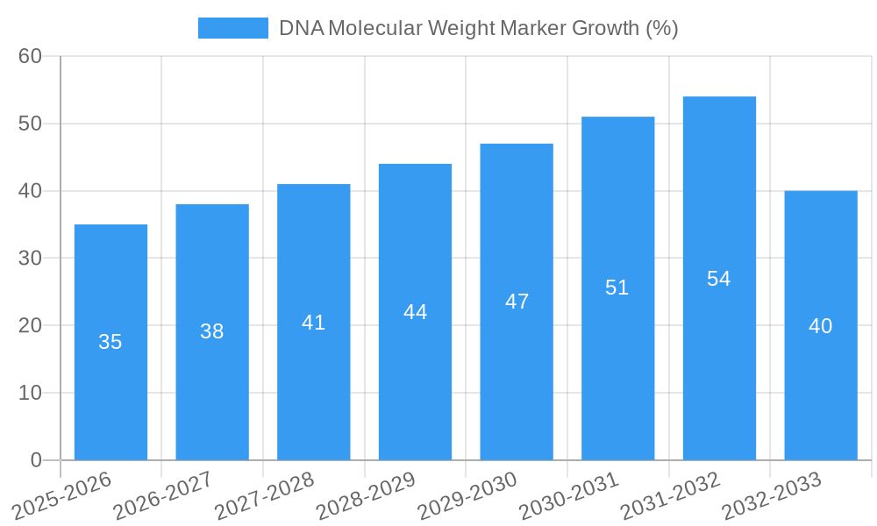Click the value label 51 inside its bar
(x=617, y=288)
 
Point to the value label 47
(x=517, y=302)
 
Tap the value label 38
(x=212, y=331)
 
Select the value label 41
(x=313, y=323)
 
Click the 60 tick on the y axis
(x=30, y=56)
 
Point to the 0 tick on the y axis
(x=36, y=460)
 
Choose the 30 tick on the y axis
(x=30, y=259)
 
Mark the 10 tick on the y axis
(x=30, y=393)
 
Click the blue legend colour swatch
(x=232, y=28)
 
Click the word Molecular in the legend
(x=371, y=28)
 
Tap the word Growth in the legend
(x=605, y=28)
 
